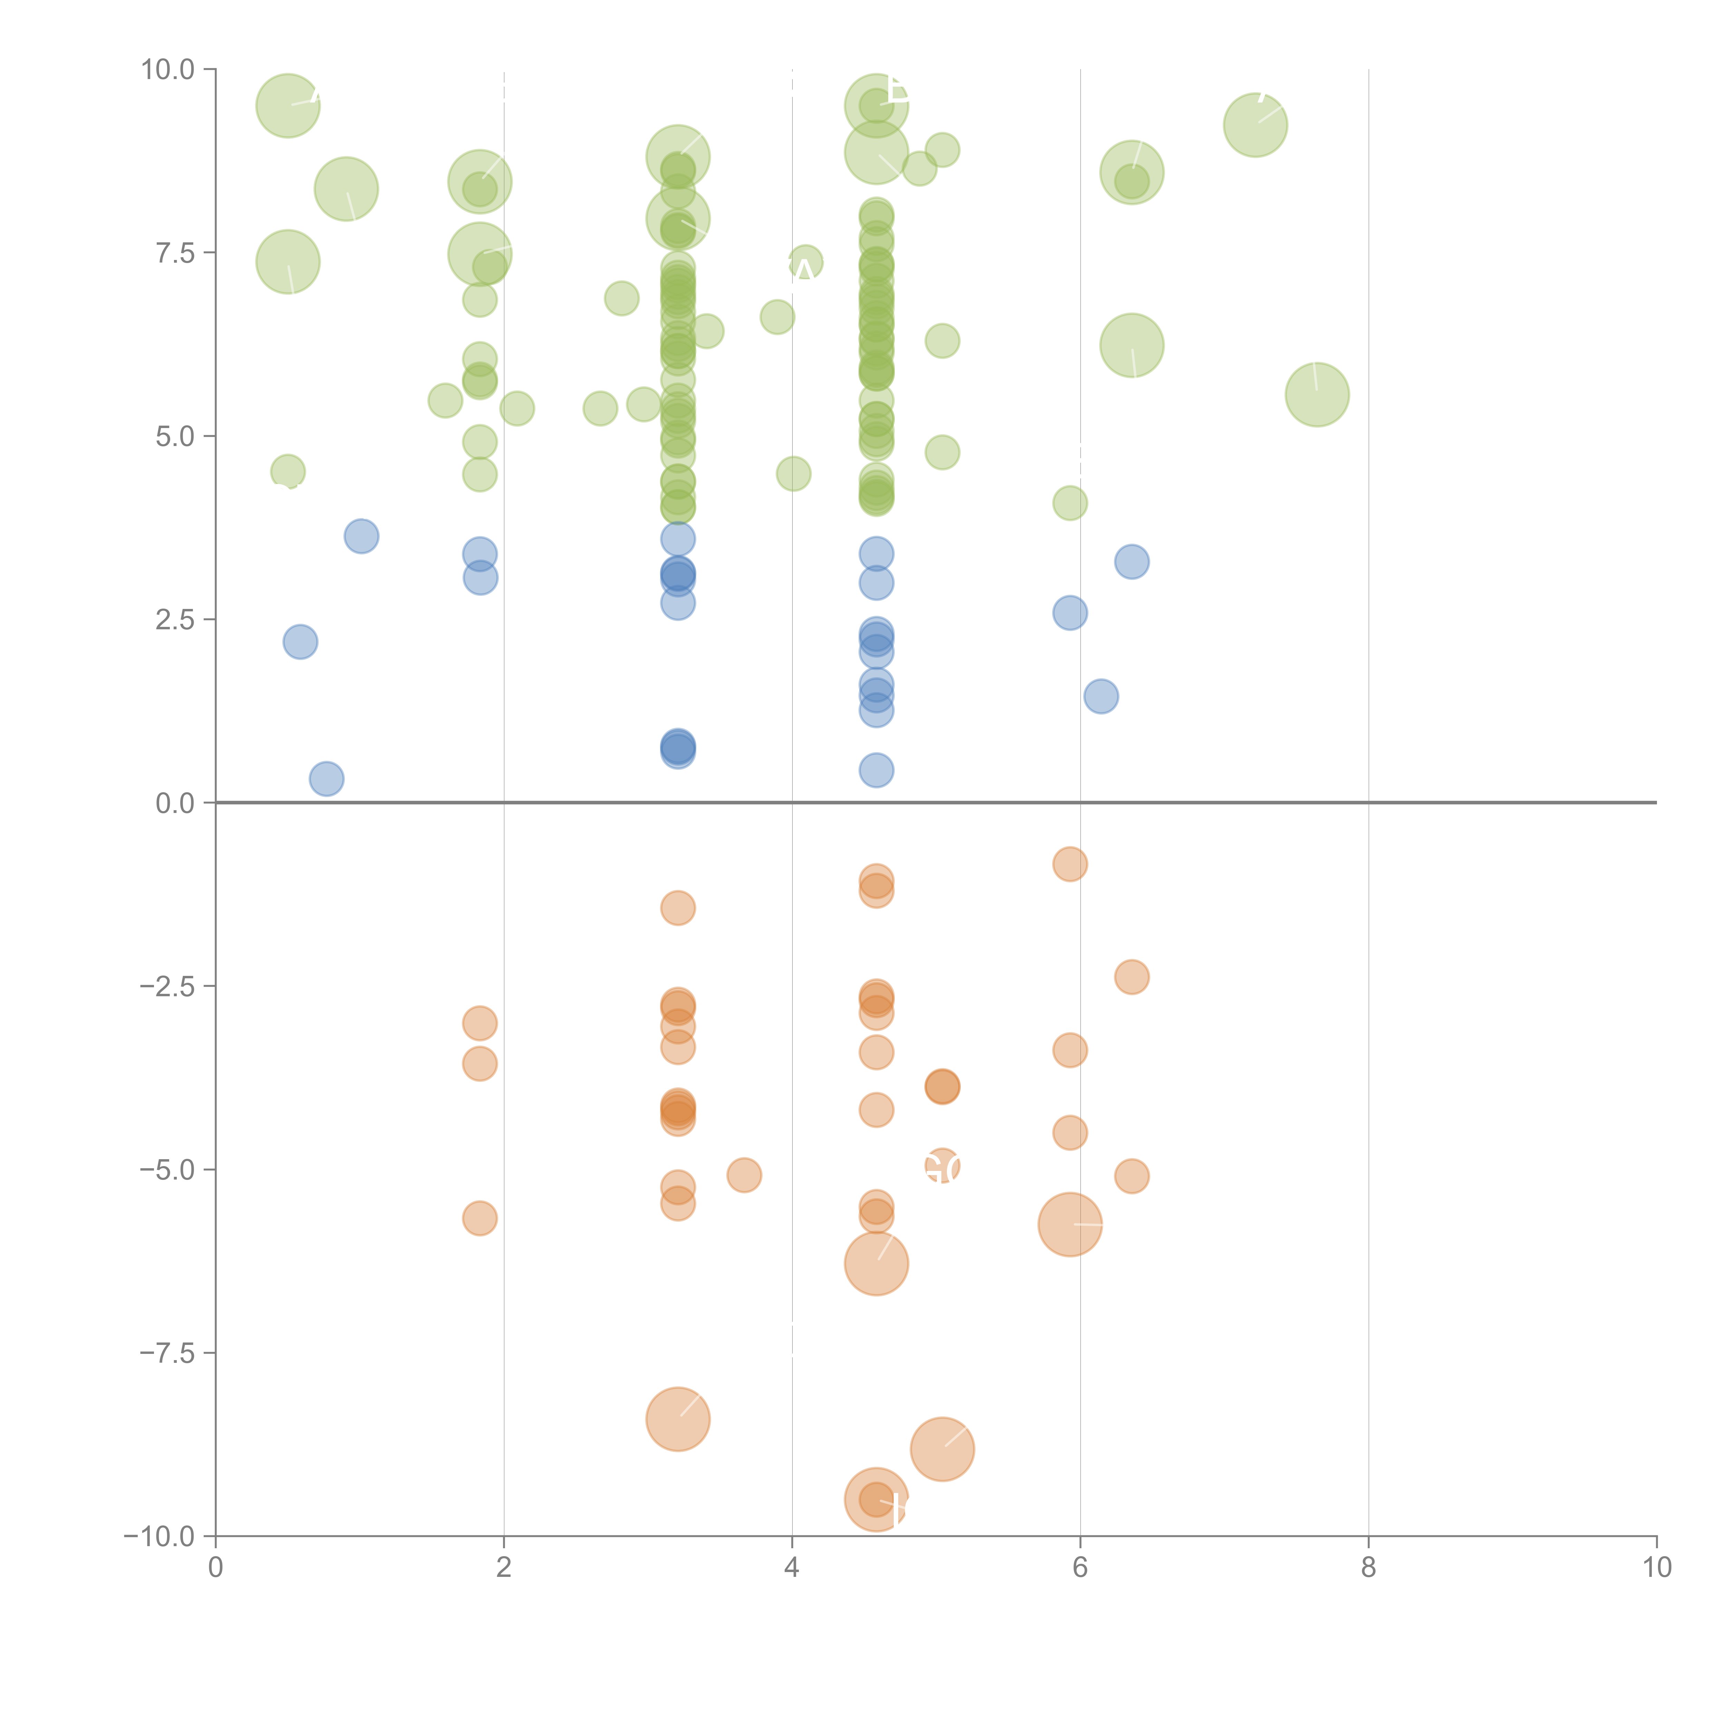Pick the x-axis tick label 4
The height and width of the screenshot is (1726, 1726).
[x=792, y=1568]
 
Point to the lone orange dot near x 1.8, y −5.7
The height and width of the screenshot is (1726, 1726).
[x=480, y=1219]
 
